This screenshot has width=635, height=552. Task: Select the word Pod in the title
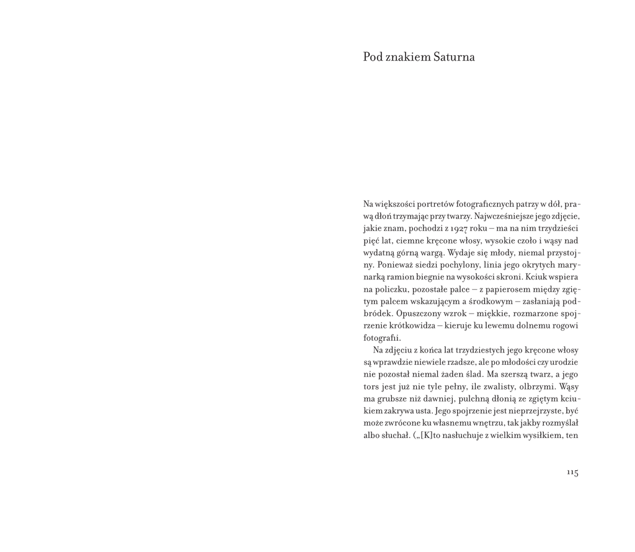click(x=372, y=58)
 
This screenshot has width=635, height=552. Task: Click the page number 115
click(x=572, y=473)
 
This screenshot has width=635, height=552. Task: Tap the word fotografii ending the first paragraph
click(x=382, y=338)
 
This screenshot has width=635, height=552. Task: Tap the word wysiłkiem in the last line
click(x=540, y=435)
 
